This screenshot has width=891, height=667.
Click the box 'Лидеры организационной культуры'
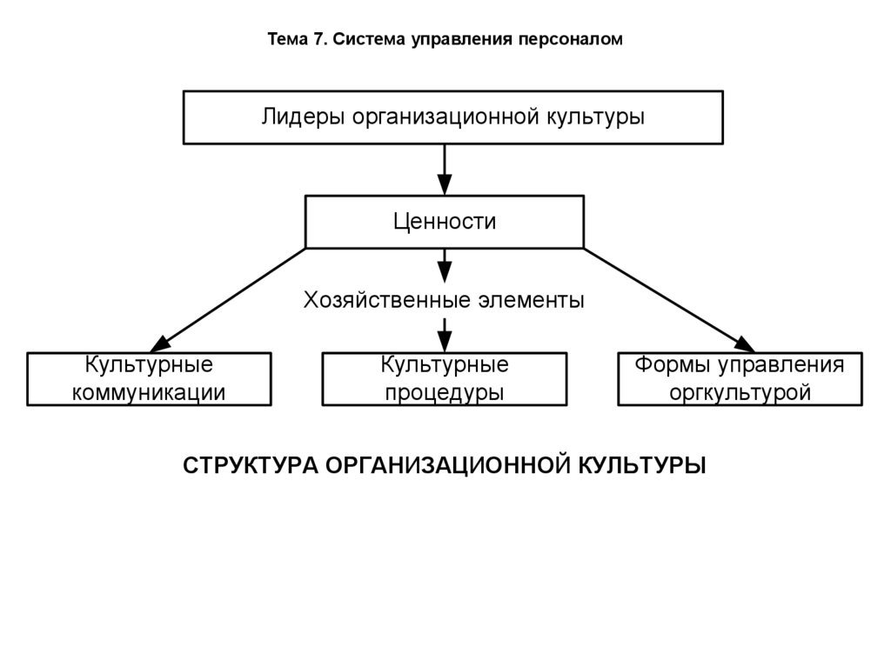(x=453, y=117)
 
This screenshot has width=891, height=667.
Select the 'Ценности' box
(x=445, y=222)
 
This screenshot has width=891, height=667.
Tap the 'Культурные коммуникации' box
(x=149, y=378)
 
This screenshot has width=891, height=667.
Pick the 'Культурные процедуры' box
(x=445, y=378)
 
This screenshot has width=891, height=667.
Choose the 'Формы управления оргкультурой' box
(x=740, y=378)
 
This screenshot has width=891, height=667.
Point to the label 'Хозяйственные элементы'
(x=444, y=301)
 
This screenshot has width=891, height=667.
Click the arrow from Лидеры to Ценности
(x=445, y=170)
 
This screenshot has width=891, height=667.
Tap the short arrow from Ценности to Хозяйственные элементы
(x=445, y=264)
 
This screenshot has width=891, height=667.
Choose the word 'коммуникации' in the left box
(x=149, y=392)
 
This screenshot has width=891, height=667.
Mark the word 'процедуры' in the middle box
(x=445, y=392)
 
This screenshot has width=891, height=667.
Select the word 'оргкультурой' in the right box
(x=740, y=392)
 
